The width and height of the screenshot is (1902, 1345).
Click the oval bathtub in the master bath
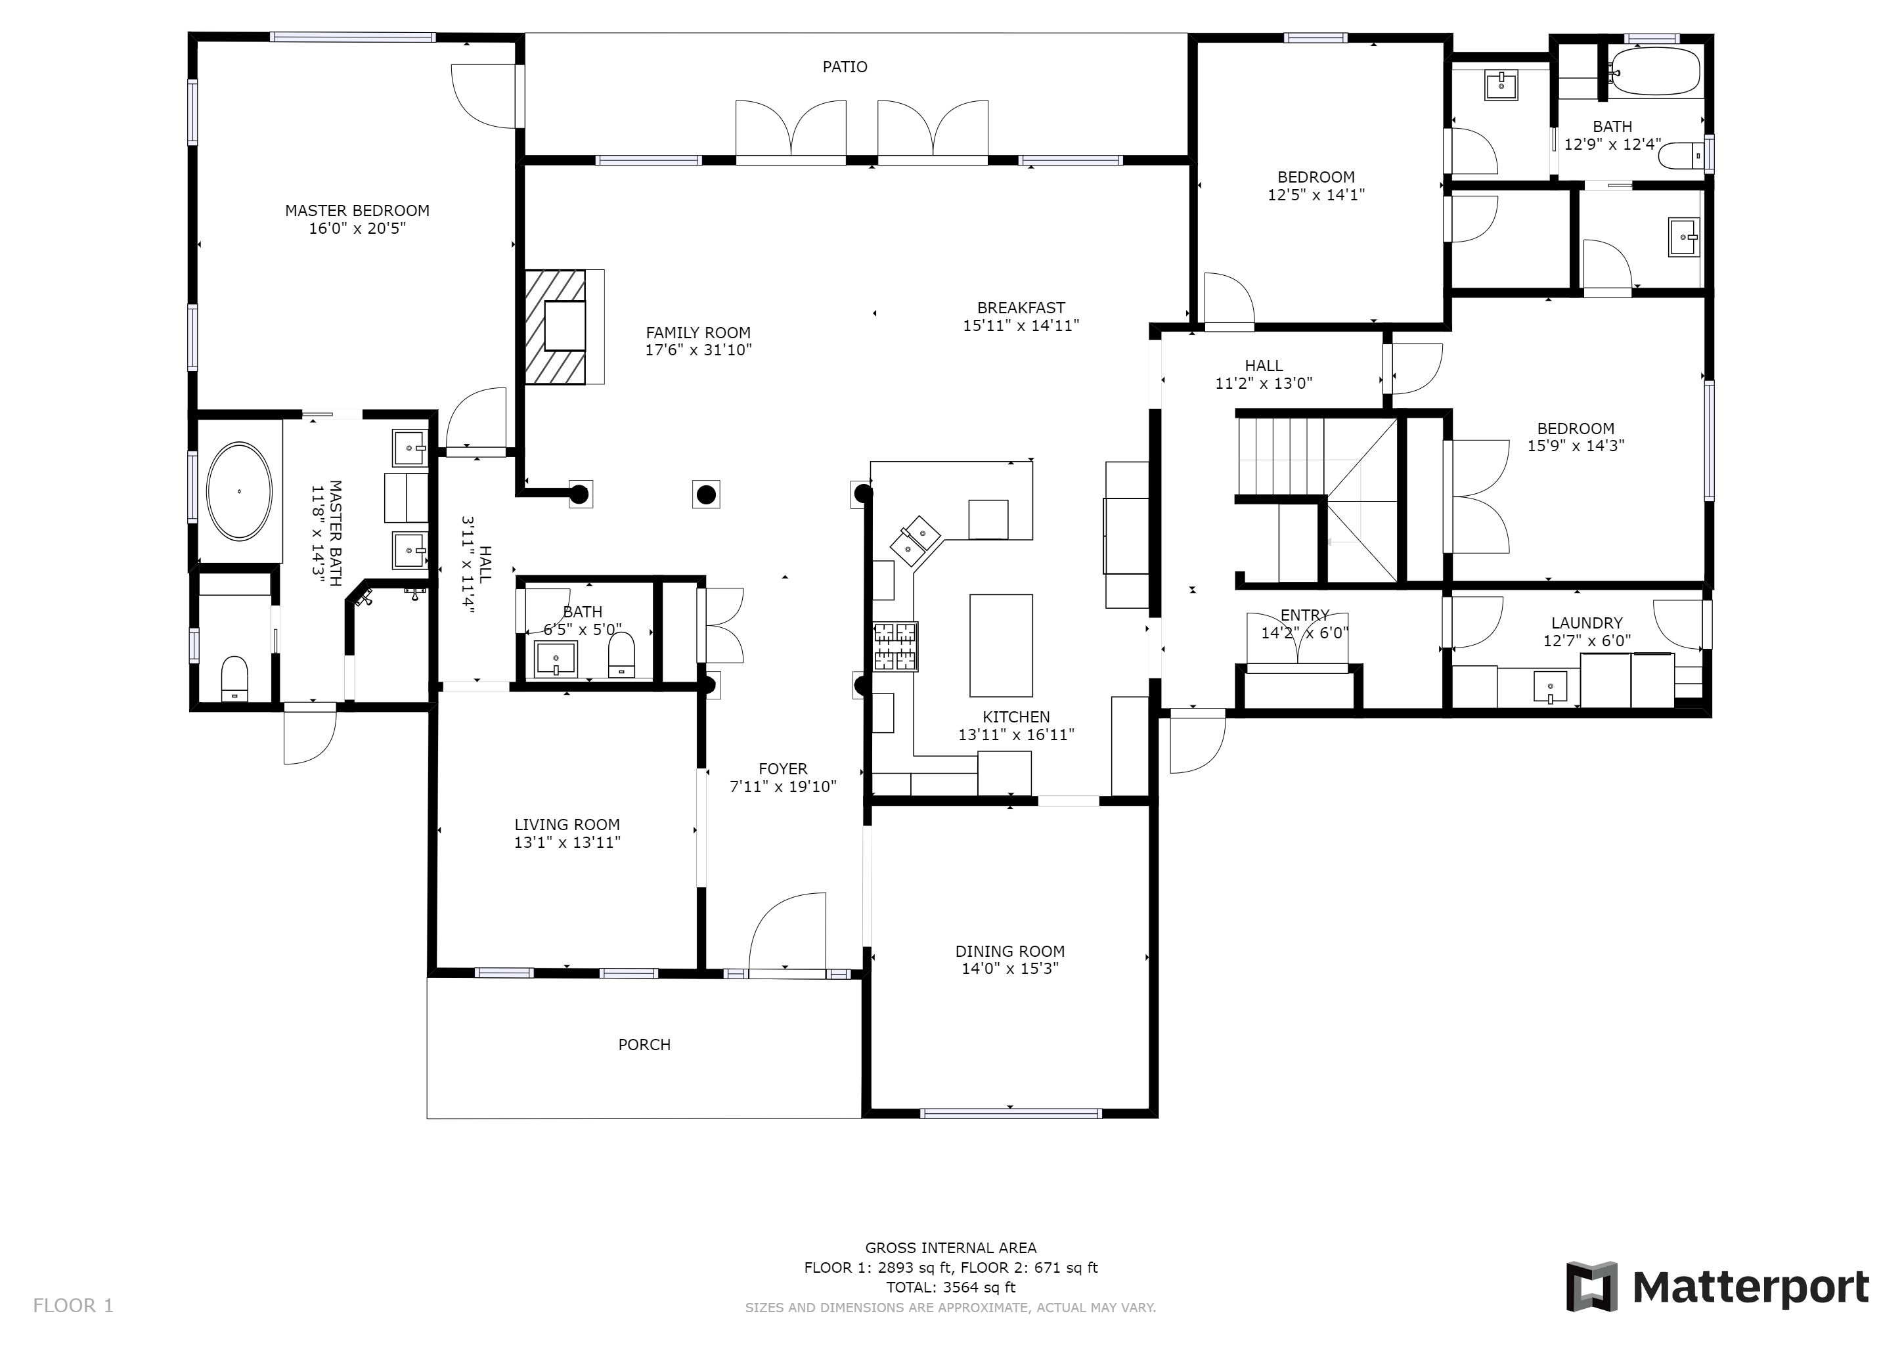[240, 491]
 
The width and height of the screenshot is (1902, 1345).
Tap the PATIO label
[845, 67]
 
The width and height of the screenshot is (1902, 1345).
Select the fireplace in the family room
[555, 327]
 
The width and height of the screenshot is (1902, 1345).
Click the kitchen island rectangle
[1002, 645]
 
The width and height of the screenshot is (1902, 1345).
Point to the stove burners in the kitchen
[895, 647]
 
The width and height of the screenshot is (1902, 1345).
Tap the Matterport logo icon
[1591, 1287]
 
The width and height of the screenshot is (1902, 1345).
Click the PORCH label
[644, 1045]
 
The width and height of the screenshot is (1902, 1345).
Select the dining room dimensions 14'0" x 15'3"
[1010, 969]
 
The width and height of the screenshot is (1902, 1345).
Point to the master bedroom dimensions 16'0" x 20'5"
[358, 229]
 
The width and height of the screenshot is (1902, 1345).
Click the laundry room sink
[1550, 688]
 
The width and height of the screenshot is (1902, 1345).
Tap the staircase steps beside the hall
[1281, 456]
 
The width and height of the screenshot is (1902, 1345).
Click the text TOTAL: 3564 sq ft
[951, 1287]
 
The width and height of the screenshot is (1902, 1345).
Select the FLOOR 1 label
[73, 1306]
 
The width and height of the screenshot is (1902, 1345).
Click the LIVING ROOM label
[567, 825]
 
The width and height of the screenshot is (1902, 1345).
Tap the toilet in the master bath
[235, 679]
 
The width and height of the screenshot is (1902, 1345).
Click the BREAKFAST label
[1021, 308]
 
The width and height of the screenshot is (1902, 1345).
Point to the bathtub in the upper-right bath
[1654, 71]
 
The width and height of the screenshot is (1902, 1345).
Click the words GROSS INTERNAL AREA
[951, 1248]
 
